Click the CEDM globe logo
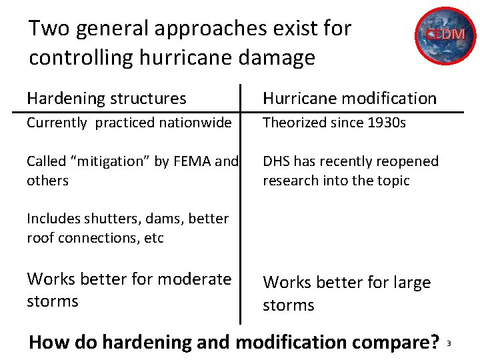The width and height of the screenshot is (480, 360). coord(447,35)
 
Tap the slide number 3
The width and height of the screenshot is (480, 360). coord(449,343)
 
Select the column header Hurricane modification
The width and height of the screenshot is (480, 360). coord(349,99)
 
